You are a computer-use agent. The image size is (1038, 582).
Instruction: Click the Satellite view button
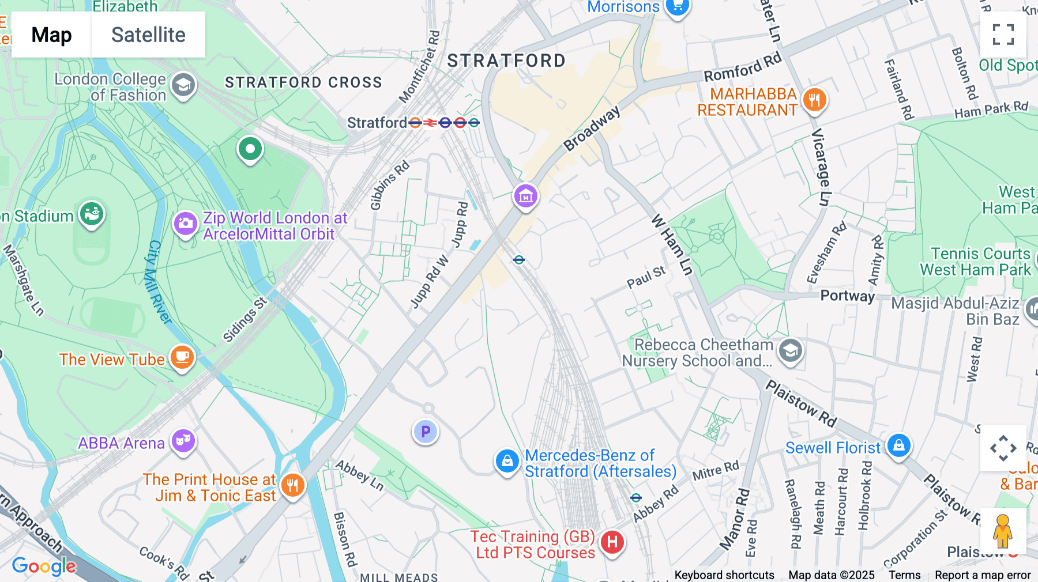click(x=148, y=35)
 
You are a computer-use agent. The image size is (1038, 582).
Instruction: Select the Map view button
click(x=51, y=35)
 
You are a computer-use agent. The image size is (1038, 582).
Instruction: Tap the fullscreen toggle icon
click(x=1003, y=35)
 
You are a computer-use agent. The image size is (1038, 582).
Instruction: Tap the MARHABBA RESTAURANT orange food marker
click(x=814, y=100)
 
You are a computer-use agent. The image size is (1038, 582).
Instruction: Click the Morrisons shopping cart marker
click(x=677, y=7)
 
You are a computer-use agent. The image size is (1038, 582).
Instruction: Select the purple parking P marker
click(x=426, y=432)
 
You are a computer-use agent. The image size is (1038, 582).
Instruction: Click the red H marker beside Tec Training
click(x=612, y=542)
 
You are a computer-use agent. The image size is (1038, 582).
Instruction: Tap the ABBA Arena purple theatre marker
click(x=183, y=441)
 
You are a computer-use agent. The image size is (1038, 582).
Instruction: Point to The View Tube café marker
click(x=182, y=357)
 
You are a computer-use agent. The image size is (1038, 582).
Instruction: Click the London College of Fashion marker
click(x=183, y=86)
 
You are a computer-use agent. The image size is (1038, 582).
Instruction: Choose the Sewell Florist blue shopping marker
click(x=898, y=445)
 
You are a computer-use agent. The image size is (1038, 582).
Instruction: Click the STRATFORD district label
click(x=506, y=61)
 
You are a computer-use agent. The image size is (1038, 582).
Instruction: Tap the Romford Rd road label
click(x=742, y=67)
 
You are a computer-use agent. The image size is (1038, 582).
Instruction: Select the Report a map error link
click(x=982, y=575)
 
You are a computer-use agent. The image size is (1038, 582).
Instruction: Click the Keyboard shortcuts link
click(x=724, y=575)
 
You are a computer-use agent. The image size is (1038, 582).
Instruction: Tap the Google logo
click(x=44, y=566)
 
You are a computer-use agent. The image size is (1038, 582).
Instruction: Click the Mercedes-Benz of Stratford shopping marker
click(x=507, y=462)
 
